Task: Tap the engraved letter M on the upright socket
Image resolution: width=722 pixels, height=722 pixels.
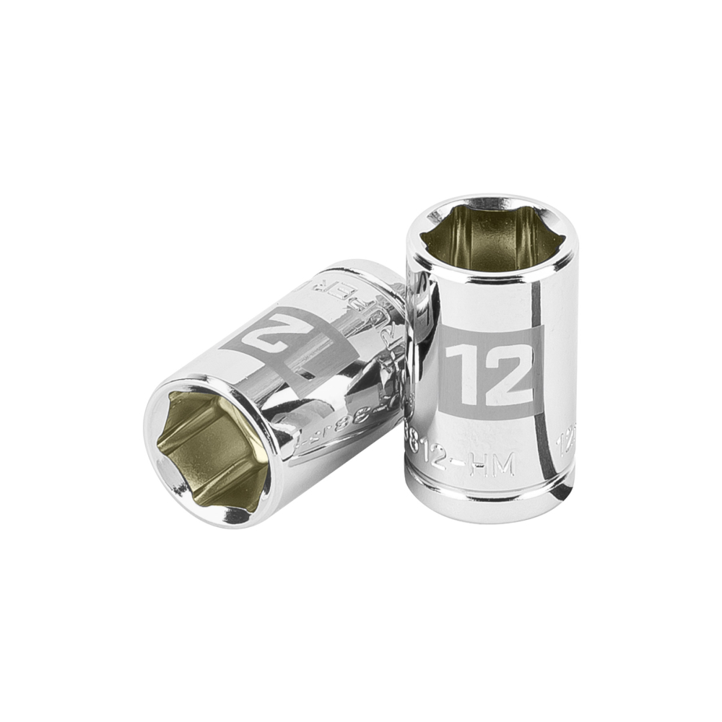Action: point(504,468)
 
